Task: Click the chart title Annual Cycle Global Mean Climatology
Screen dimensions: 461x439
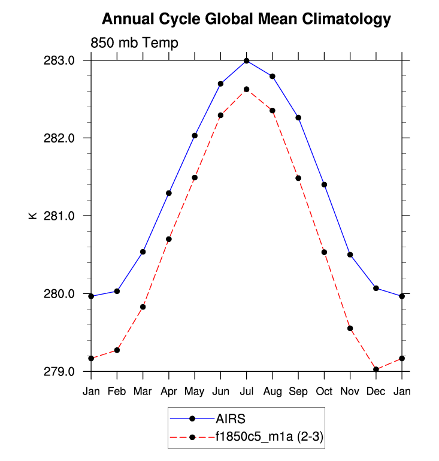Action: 246,19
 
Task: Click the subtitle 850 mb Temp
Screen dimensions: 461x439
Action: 134,43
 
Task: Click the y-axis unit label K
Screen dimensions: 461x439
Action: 33,216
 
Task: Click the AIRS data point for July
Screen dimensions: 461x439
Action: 246,60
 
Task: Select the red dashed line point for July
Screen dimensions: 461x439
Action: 246,89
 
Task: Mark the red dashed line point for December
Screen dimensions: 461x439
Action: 376,369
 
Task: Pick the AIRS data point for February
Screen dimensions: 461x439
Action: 117,291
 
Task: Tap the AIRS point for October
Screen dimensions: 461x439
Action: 324,184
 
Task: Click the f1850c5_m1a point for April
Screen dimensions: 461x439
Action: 169,239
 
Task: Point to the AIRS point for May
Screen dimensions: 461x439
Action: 195,135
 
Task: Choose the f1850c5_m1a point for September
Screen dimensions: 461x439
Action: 298,178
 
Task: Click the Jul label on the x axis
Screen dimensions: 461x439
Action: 246,392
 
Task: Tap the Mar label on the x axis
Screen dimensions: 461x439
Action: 143,392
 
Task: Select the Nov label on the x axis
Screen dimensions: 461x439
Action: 350,392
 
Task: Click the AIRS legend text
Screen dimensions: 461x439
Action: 231,418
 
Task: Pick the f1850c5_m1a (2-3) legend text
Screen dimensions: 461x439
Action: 270,438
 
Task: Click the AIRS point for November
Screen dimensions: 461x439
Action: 350,254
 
